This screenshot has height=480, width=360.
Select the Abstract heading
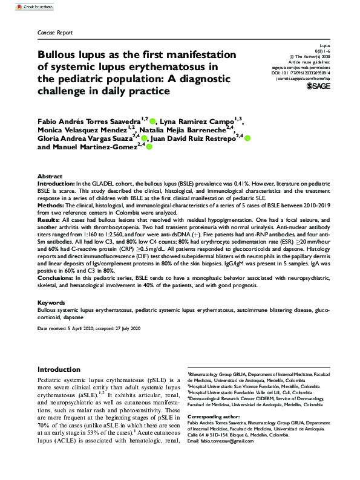point(50,175)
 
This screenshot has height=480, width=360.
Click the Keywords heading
point(51,302)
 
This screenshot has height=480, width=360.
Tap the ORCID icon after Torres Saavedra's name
point(152,121)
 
